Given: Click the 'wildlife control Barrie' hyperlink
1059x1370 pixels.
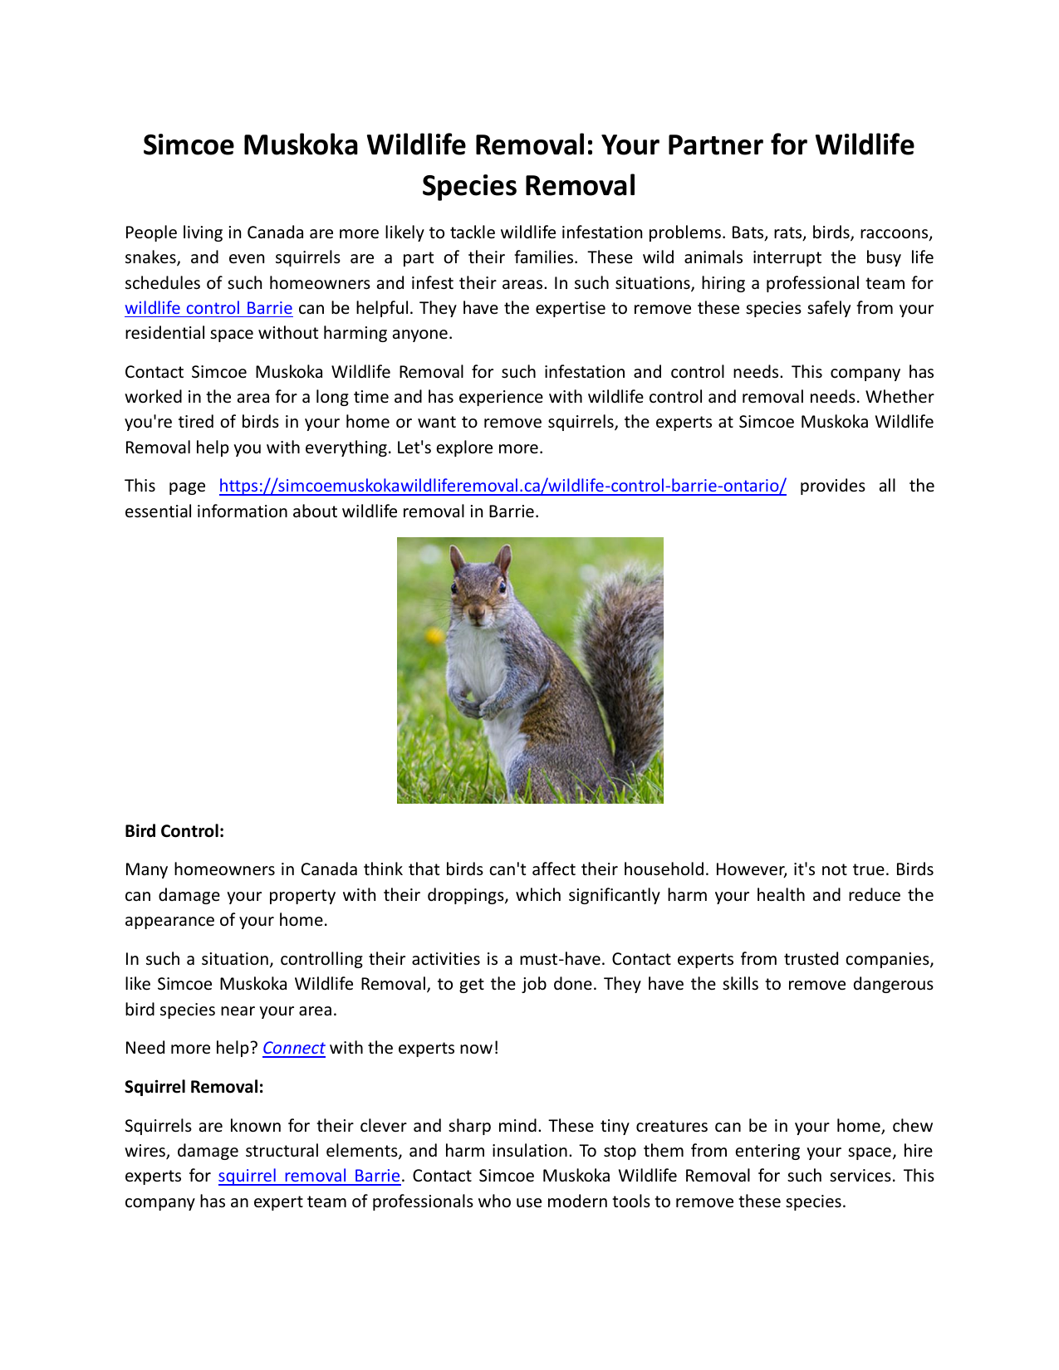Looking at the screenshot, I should (x=208, y=308).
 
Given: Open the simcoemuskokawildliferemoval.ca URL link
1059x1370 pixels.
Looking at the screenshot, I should (x=503, y=486).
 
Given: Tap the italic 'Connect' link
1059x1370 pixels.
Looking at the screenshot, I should (x=293, y=1048).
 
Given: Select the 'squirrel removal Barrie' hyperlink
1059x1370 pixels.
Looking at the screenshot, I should (x=309, y=1176).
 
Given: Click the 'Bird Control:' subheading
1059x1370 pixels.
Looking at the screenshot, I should (x=174, y=831).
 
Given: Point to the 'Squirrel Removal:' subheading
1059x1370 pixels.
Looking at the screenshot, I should (x=194, y=1086).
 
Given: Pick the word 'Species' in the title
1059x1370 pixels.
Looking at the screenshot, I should (x=470, y=186).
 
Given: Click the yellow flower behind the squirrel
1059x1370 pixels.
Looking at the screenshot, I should (x=434, y=637).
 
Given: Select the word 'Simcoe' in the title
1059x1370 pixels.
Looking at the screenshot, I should (x=193, y=145).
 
